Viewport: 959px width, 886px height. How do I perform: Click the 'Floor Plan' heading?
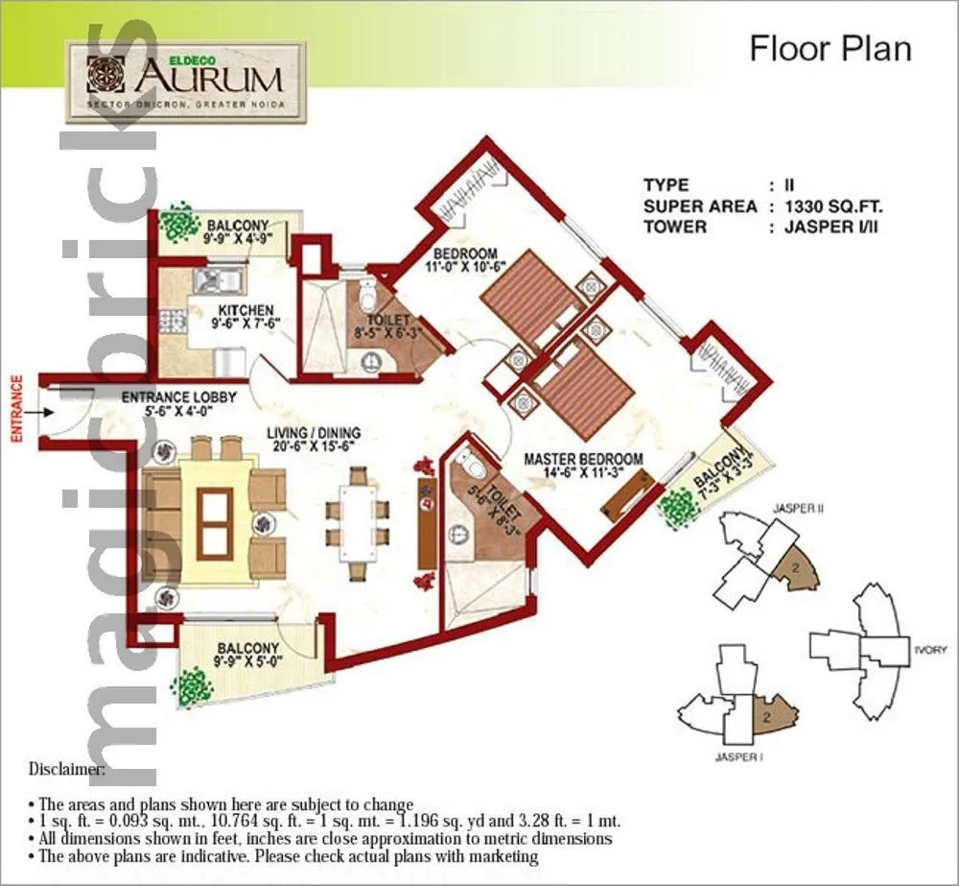(x=830, y=48)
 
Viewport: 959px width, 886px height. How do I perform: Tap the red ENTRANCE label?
(x=16, y=408)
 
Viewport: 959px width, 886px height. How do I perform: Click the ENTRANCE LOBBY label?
(x=179, y=395)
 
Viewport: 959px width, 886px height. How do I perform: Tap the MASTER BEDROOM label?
(x=582, y=460)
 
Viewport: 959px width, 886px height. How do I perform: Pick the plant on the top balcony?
(x=175, y=224)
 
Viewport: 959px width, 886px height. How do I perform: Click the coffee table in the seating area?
(x=214, y=523)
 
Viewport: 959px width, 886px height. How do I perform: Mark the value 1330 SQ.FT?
(x=833, y=205)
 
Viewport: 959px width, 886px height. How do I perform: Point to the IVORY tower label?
(x=930, y=650)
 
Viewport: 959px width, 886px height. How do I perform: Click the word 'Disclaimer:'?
(x=66, y=769)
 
